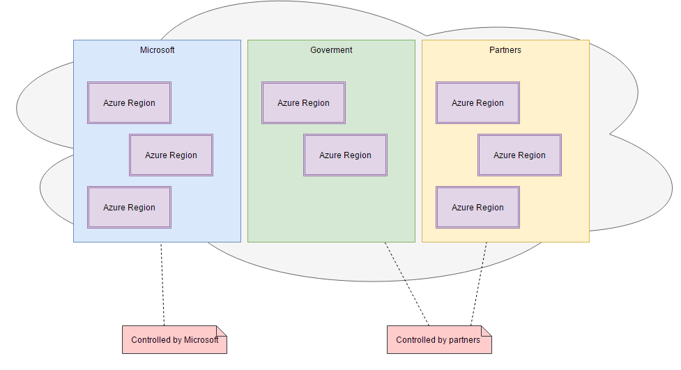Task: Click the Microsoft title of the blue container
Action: [157, 50]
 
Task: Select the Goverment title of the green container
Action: [331, 50]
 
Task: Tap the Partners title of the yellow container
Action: [505, 50]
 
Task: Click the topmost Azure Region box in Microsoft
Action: [129, 103]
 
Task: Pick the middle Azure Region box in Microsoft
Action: [171, 155]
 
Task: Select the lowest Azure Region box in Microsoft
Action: [129, 208]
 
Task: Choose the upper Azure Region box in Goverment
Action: [303, 103]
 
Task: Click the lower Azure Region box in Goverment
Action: [345, 155]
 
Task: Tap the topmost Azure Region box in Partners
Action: [477, 103]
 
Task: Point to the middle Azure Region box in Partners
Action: [519, 155]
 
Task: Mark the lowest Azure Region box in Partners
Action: [477, 208]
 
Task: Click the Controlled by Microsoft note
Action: [174, 340]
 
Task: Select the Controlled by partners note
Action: [439, 340]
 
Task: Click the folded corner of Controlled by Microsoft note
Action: [222, 330]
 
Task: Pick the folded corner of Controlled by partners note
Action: [487, 330]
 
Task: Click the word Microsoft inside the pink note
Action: [201, 340]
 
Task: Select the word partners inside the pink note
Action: [464, 340]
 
